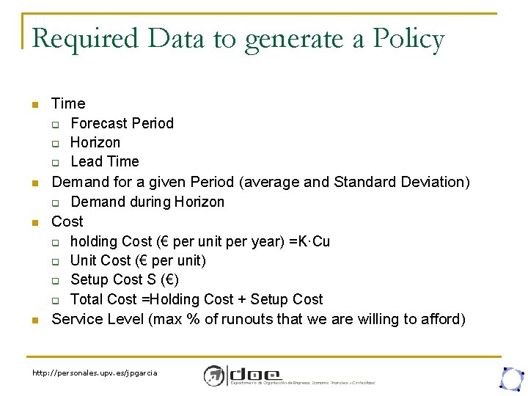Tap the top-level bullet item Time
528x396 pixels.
68,103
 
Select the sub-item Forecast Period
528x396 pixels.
122,123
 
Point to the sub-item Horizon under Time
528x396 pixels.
95,142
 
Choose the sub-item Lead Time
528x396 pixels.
105,161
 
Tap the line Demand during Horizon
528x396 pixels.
147,202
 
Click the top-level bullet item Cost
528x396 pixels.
67,221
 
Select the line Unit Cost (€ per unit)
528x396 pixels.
138,260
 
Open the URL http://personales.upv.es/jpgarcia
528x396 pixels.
95,373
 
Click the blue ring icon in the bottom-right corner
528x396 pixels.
510,378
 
